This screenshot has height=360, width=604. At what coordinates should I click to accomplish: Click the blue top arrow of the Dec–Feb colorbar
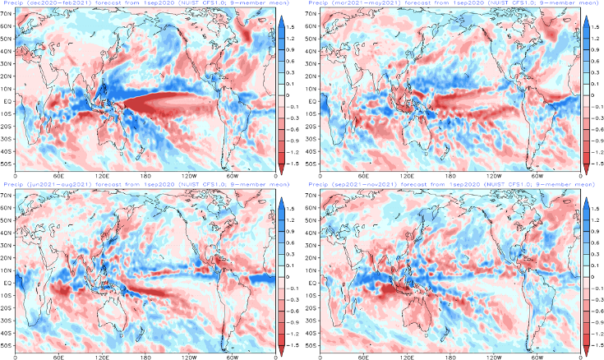click(x=282, y=22)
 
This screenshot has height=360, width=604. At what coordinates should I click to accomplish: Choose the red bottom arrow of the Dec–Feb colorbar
click(x=282, y=167)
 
